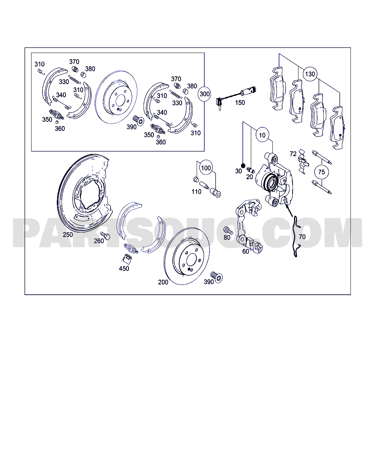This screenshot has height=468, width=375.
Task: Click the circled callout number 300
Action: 204,94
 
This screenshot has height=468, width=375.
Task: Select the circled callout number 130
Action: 310,74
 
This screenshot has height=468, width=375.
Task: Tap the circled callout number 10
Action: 262,135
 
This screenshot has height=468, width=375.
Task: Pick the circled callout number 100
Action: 206,168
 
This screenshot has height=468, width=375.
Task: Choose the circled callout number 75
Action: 321,172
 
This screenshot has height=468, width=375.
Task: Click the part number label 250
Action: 68,235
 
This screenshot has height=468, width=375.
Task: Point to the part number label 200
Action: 163,282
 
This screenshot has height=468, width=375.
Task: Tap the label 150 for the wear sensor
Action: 240,103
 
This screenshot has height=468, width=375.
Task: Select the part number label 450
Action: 124,269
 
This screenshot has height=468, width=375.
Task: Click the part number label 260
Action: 99,241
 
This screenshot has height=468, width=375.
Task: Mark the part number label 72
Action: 293,154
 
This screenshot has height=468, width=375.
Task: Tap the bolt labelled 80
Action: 229,230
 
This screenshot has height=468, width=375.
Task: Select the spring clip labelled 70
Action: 296,238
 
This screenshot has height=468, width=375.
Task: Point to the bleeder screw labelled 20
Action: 250,170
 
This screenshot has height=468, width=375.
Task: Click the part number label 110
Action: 196,192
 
